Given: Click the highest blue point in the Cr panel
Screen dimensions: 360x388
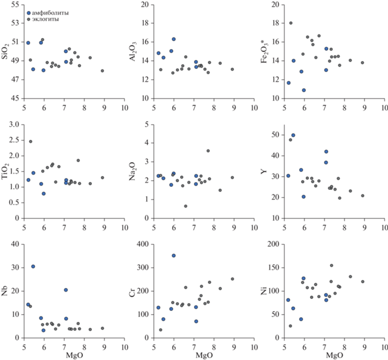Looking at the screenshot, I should point(173,255).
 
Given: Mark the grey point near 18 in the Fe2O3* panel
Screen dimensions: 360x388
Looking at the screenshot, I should point(291,23).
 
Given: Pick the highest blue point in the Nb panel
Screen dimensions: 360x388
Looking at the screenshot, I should point(33,266).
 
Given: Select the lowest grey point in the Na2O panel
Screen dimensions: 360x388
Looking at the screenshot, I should point(186,206).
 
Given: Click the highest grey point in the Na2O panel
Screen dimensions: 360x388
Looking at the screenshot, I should point(208,151).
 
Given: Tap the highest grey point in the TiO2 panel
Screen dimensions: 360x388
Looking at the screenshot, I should point(30,142).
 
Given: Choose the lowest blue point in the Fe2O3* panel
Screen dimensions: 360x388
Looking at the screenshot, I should point(304,90).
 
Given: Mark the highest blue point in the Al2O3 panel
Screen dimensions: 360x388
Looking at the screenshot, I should point(173,39).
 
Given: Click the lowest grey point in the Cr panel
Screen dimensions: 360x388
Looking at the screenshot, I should point(160,330).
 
